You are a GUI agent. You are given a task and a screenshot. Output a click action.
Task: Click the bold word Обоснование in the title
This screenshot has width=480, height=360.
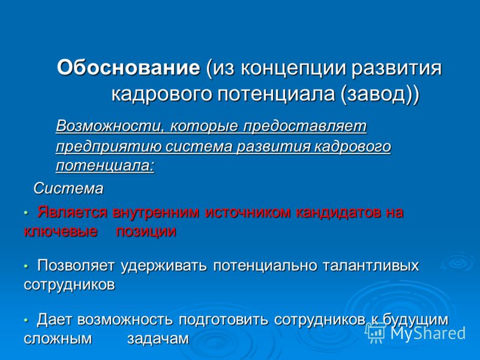[128, 67]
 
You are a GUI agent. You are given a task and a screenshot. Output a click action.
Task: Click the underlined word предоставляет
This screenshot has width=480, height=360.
[305, 127]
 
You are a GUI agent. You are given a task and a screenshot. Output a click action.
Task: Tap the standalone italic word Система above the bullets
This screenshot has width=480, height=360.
[68, 188]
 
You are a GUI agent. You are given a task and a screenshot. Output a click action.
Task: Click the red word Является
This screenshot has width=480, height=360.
[72, 212]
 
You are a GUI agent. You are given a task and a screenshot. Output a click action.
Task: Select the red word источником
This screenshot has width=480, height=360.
[247, 212]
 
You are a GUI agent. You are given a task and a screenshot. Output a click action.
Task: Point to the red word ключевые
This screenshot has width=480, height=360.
[61, 232]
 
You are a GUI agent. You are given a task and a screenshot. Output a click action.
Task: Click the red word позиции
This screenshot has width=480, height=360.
[146, 232]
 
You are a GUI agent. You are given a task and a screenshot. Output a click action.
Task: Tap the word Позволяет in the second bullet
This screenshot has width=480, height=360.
[76, 265]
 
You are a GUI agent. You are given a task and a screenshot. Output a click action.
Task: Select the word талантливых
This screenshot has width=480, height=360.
[371, 265]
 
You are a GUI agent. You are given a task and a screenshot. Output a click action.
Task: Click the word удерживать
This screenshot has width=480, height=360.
[163, 266]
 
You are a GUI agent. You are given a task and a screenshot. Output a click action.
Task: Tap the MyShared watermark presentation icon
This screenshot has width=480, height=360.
[376, 332]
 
